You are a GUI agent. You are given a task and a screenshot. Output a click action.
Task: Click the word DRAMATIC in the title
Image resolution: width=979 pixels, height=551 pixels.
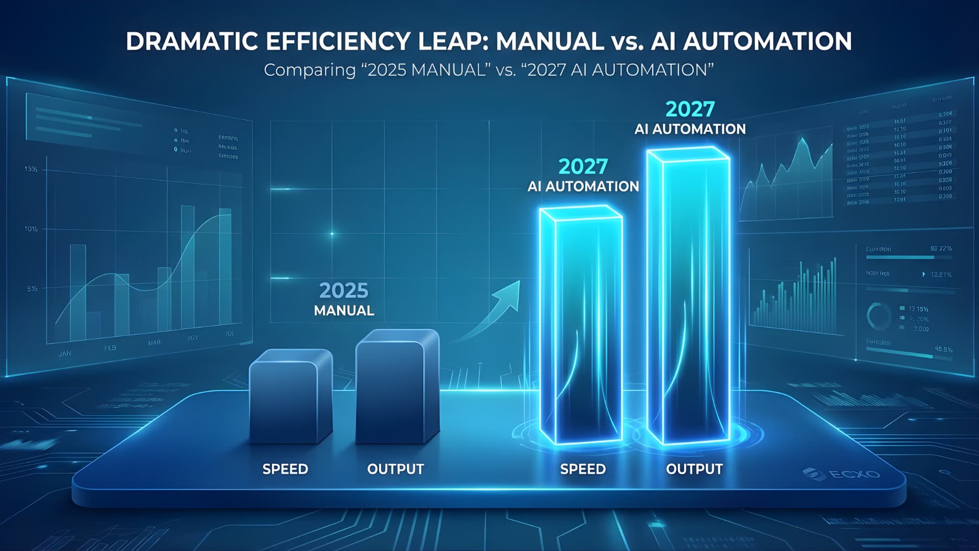point(193,41)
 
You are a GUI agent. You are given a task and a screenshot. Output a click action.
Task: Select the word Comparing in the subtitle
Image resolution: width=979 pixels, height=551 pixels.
point(310,70)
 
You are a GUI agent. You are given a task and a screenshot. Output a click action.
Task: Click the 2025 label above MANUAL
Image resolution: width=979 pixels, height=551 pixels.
point(344,291)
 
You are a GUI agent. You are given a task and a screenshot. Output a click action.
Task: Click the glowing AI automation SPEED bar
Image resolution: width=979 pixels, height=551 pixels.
point(581,327)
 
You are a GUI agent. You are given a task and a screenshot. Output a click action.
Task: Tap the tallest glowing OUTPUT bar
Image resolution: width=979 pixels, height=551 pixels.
point(688,296)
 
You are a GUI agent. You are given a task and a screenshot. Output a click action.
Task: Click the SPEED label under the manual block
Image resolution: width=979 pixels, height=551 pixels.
point(285,469)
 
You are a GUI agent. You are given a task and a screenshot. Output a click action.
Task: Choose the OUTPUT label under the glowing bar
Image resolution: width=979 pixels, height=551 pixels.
point(694,469)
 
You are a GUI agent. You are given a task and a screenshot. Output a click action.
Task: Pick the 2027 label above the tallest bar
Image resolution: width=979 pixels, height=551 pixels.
point(690,109)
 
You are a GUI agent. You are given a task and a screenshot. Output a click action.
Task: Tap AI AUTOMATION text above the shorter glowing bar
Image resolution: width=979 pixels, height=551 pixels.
point(583,187)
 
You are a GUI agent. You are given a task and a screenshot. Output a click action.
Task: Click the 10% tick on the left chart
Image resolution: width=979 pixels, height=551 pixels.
point(31,229)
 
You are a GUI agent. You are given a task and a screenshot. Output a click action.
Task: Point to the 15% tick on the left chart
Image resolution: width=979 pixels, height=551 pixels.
point(31,169)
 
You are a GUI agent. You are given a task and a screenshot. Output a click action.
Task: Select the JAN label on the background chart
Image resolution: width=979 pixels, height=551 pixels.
point(65,354)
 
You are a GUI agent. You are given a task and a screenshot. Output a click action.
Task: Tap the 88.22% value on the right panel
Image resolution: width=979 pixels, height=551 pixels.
point(940,248)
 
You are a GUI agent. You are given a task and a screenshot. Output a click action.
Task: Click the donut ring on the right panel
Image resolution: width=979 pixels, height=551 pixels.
point(879,316)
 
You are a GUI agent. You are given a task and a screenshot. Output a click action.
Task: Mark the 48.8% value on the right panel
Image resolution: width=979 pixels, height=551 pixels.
point(943,349)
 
